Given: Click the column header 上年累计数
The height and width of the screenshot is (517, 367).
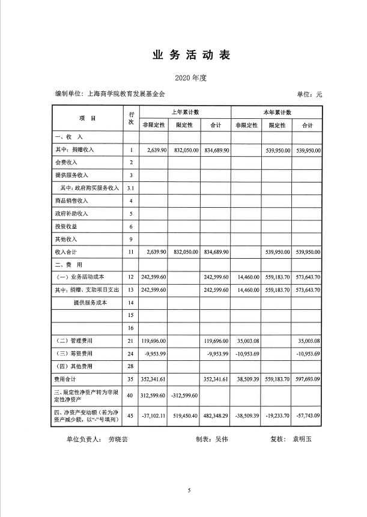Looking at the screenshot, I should pyautogui.click(x=185, y=112).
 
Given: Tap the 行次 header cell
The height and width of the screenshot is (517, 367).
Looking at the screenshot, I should pyautogui.click(x=131, y=118).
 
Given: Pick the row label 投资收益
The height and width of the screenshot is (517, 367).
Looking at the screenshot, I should pyautogui.click(x=66, y=226).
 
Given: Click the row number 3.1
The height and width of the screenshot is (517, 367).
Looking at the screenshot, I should pyautogui.click(x=131, y=188).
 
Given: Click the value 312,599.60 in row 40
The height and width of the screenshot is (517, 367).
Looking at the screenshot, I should pyautogui.click(x=156, y=396).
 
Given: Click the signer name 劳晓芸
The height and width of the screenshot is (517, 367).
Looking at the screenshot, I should pyautogui.click(x=118, y=439).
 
